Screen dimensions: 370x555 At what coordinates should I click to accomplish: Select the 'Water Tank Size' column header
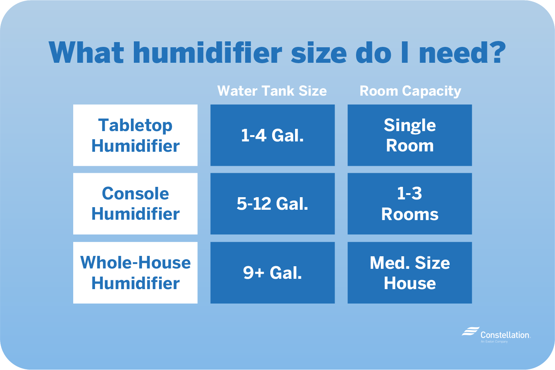272,91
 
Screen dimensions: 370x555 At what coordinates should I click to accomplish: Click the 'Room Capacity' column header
410,91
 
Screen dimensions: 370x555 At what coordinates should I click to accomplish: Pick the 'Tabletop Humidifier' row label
135,135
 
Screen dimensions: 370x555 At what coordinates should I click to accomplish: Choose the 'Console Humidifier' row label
135,203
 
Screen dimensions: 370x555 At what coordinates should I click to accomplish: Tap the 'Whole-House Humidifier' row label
135,273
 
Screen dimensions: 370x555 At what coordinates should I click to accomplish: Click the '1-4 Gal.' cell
273,135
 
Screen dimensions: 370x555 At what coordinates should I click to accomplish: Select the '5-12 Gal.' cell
273,203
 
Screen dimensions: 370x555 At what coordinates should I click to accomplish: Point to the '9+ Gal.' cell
273,273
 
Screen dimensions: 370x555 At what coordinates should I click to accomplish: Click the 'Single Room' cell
410,135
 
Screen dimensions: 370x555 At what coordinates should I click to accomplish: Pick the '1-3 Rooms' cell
410,203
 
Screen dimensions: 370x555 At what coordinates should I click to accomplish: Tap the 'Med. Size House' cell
410,273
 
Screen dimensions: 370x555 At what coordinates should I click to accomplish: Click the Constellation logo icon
470,332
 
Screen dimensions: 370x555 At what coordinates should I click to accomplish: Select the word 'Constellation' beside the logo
505,335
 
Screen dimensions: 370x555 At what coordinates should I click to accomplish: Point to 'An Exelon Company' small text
494,342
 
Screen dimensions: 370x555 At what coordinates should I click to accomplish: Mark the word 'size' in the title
319,52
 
